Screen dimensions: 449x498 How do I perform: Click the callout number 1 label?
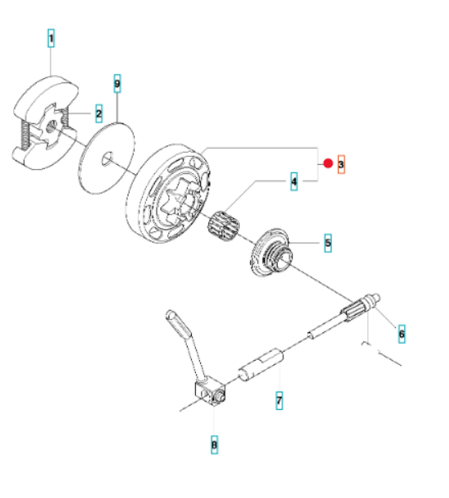tap(51, 38)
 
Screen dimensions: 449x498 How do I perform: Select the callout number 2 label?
tap(99, 113)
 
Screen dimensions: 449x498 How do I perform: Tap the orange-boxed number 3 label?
tap(341, 164)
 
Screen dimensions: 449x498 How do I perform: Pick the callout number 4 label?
tap(294, 181)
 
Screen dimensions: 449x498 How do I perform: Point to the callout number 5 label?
tap(327, 243)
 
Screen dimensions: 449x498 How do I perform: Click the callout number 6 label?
tap(402, 334)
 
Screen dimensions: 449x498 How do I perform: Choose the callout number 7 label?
tap(279, 400)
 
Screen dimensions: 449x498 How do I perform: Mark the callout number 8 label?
tap(215, 444)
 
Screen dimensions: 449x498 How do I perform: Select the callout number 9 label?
tap(118, 83)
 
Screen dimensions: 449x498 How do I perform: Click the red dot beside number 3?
tap(328, 163)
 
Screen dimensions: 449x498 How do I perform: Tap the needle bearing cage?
tap(223, 225)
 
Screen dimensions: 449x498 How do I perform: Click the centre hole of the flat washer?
tap(107, 158)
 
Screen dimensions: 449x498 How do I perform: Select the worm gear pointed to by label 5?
tap(272, 252)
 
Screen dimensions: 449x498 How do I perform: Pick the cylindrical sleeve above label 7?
tap(261, 364)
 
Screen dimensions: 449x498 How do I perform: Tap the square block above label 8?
tap(210, 394)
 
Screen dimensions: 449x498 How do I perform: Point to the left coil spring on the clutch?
tap(25, 135)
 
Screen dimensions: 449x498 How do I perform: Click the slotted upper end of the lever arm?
tap(179, 322)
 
